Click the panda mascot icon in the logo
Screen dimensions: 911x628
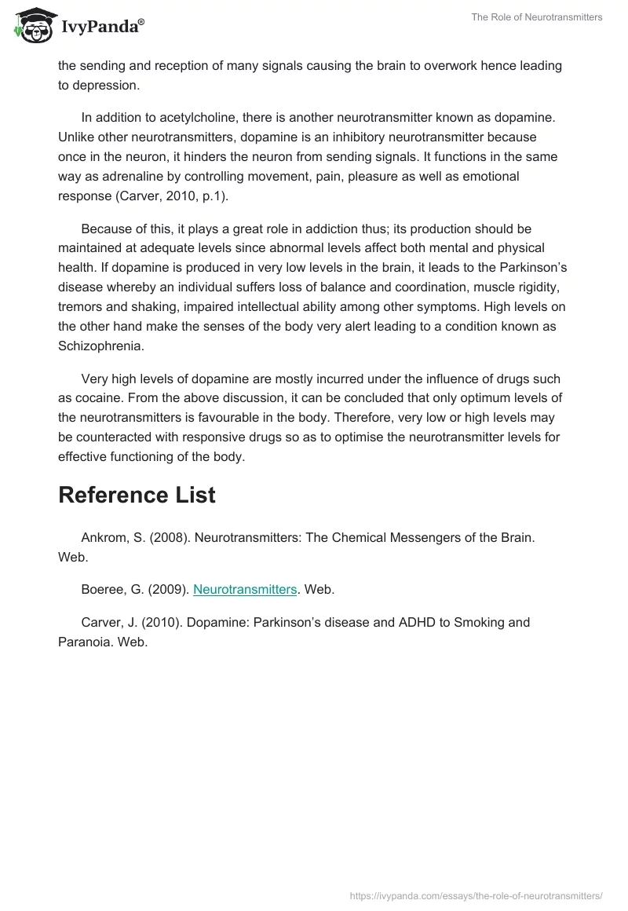click(x=31, y=27)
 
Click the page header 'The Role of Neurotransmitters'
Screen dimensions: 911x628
click(x=537, y=17)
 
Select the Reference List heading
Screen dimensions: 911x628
click(x=137, y=495)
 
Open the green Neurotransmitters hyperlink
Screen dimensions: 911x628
click(x=245, y=589)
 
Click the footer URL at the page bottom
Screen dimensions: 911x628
click(x=476, y=895)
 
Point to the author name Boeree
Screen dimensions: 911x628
click(x=104, y=589)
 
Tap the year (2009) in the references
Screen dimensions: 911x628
click(x=167, y=589)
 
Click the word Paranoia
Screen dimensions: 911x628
click(x=86, y=642)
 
